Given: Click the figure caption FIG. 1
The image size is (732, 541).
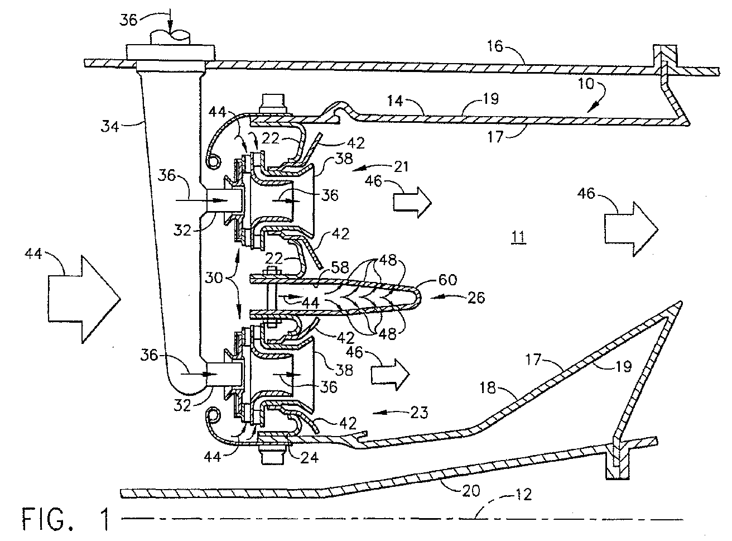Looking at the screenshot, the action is coord(65,519).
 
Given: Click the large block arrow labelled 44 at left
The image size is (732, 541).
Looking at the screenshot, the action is coord(84,299).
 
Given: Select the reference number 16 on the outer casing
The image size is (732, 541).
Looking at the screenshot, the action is coord(495,46).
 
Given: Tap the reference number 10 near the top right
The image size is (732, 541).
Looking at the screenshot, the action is coord(586,84).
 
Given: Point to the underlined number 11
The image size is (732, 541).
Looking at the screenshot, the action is coord(518,237).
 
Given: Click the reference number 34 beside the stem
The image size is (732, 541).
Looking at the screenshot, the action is coord(109,126).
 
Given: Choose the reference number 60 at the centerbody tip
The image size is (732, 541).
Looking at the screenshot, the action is coord(447,280).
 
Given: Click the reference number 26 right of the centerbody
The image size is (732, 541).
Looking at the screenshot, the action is coord(476,297).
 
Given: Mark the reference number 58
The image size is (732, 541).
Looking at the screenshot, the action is coord(340,267).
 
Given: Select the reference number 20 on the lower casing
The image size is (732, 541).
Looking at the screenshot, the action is coord(471,491).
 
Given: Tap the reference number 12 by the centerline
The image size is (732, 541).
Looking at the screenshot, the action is coord(523,495).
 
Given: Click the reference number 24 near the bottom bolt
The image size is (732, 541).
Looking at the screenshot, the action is coord(309,457).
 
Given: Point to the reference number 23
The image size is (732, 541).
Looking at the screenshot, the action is coord(419,413).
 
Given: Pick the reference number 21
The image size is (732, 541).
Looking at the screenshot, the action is coord(401,166).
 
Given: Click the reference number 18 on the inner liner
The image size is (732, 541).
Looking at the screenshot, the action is coord(488,388).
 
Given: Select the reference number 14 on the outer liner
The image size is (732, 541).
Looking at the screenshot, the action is coord(395,100).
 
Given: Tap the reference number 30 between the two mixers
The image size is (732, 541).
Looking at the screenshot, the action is coord(214,277).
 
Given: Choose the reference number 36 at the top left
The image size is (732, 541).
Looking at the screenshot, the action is coord(128,20).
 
